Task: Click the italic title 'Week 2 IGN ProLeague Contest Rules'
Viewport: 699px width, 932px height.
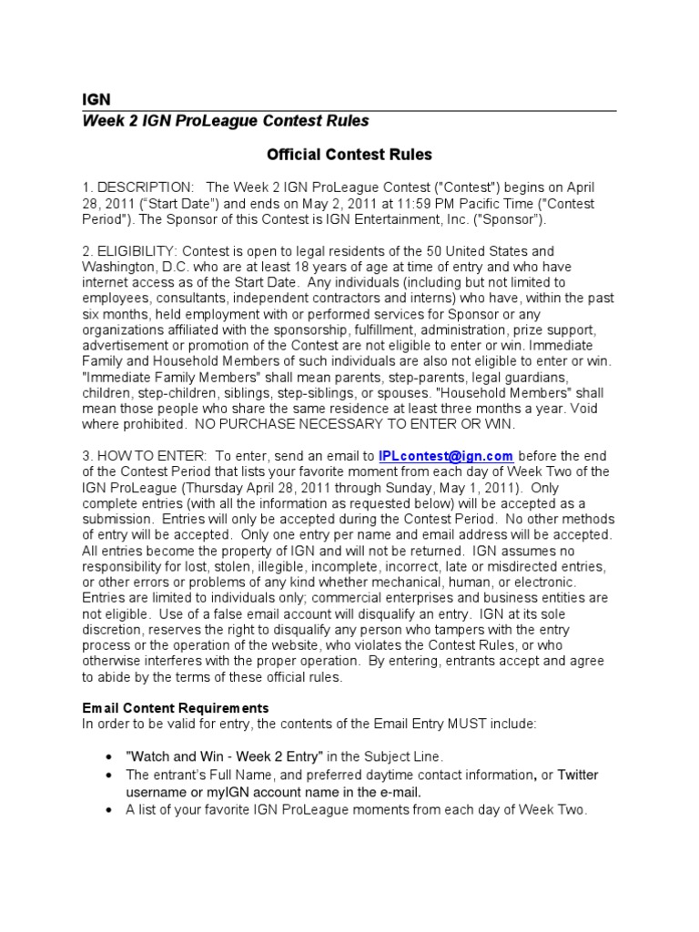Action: (226, 121)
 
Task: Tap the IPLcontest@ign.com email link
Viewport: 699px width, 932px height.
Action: (446, 455)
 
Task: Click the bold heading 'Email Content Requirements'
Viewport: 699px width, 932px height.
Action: (175, 707)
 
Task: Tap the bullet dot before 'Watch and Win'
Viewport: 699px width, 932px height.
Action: (108, 757)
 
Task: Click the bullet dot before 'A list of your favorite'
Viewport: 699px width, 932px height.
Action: (108, 809)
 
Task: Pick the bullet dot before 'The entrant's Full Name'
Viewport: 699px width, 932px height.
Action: (108, 775)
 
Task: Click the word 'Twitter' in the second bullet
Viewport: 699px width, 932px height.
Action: (578, 775)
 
